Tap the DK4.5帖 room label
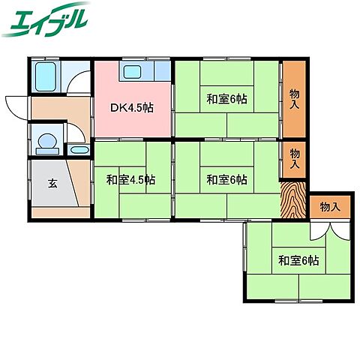(133, 108)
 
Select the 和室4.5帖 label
(130, 180)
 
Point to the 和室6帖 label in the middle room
(227, 180)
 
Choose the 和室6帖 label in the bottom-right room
(298, 260)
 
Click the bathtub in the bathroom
(46, 76)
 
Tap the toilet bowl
(46, 141)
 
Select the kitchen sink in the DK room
(133, 73)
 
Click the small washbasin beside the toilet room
(78, 150)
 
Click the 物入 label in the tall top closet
(295, 96)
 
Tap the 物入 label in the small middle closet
(295, 158)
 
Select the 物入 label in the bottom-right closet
(329, 207)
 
